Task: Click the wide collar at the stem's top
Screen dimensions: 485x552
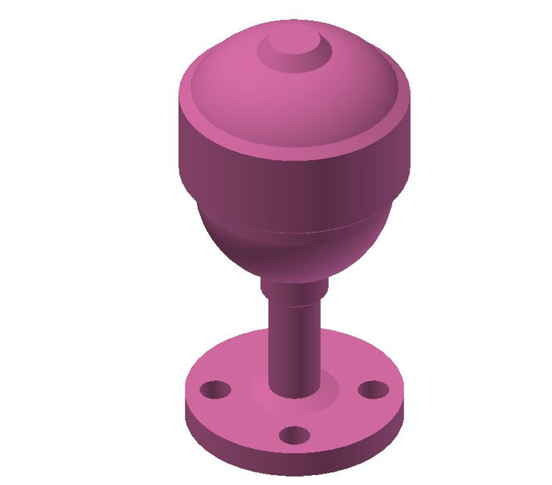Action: (292, 290)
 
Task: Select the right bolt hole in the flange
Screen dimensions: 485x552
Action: (372, 390)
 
